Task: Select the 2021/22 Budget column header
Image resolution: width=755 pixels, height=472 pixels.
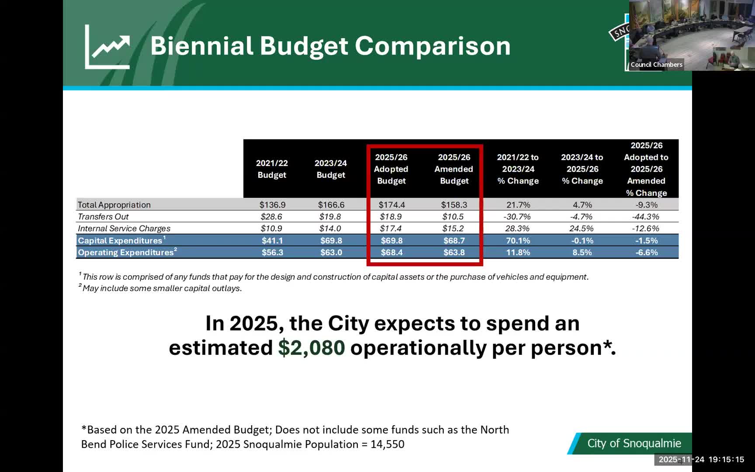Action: [272, 169]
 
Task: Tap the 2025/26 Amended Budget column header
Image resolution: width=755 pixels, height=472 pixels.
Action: [454, 169]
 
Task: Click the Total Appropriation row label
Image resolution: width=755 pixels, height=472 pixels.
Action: [114, 205]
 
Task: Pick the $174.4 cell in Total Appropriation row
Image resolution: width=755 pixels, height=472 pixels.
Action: [391, 205]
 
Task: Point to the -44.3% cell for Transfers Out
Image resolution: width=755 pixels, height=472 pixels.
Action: [646, 216]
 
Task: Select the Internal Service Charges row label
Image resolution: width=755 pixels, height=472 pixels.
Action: [124, 228]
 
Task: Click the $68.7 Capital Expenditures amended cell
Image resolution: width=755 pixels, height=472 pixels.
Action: [454, 240]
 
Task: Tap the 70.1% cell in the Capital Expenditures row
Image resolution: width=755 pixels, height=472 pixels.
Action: [518, 240]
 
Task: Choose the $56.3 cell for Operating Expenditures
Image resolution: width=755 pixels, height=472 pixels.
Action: [272, 252]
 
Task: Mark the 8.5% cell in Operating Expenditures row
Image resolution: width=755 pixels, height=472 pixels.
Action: [582, 252]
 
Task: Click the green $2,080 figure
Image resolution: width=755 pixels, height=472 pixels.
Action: [311, 348]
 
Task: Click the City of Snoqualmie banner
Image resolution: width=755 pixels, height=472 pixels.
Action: [634, 443]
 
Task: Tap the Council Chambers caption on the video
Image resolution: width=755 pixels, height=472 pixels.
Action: [656, 65]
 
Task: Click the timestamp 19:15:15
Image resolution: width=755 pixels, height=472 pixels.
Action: [726, 459]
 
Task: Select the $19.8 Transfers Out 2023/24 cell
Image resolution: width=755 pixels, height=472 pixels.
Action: [331, 216]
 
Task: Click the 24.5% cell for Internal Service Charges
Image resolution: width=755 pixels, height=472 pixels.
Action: [582, 228]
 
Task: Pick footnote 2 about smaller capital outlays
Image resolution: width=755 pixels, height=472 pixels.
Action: [162, 288]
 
